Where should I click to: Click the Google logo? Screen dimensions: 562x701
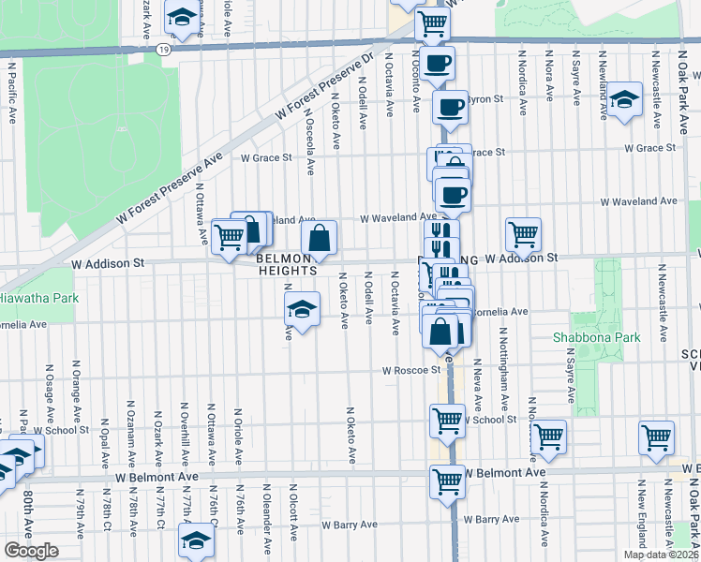pyautogui.click(x=30, y=552)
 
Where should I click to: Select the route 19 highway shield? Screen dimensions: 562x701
pyautogui.click(x=164, y=49)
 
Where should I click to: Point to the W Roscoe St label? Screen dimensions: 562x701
pyautogui.click(x=410, y=371)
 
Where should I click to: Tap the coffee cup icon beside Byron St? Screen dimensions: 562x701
pyautogui.click(x=449, y=105)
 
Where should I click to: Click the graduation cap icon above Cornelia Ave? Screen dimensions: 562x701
pyautogui.click(x=302, y=307)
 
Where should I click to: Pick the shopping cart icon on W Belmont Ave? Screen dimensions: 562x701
pyautogui.click(x=448, y=481)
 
